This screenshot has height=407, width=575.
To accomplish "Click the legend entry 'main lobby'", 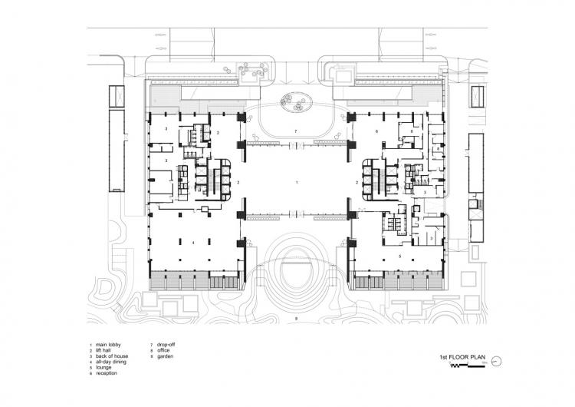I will tap(104, 345).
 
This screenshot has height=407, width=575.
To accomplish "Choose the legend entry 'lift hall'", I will tap(102, 350).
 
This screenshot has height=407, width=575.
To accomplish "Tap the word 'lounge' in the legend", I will tap(101, 366).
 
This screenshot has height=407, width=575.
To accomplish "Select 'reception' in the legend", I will tap(103, 372).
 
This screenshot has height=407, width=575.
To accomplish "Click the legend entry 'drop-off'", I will tap(166, 345).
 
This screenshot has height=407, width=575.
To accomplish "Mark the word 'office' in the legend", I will tap(163, 350).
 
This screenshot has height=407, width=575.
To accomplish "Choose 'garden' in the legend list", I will tap(163, 356).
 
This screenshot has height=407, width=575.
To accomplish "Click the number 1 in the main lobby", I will tap(295, 183).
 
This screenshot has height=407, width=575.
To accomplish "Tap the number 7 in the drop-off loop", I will tap(295, 132).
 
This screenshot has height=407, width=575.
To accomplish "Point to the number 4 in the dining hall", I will tap(194, 243).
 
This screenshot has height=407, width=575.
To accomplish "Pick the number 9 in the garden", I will tap(295, 318).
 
